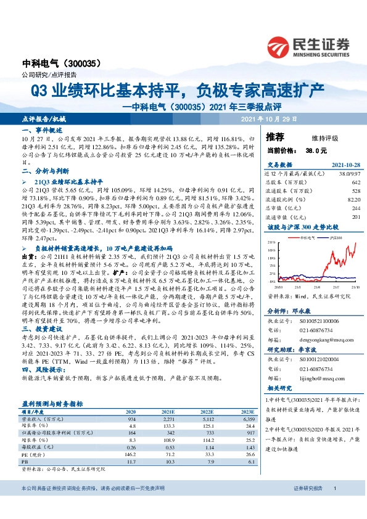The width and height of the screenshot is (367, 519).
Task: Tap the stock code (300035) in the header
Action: (x=79, y=63)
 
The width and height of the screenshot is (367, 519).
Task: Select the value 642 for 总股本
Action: (x=355, y=183)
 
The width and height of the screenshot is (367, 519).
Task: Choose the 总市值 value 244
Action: (x=355, y=209)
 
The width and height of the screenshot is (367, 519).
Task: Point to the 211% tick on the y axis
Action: (x=271, y=242)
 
